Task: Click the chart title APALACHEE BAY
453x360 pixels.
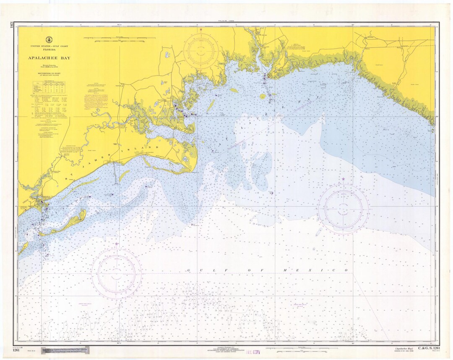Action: pyautogui.click(x=49, y=58)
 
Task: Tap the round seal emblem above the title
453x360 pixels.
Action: pyautogui.click(x=49, y=39)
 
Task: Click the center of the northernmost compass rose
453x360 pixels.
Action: pyautogui.click(x=201, y=51)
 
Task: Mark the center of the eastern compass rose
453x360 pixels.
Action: pyautogui.click(x=343, y=209)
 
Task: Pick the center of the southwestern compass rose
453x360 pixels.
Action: pyautogui.click(x=116, y=274)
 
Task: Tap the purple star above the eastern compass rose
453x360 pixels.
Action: pyautogui.click(x=343, y=179)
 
